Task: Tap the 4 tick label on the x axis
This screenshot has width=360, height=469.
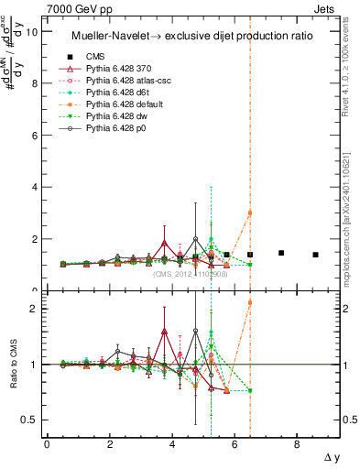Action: (x=172, y=445)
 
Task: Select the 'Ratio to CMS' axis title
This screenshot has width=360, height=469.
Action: (x=13, y=366)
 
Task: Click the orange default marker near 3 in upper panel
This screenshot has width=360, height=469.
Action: (x=250, y=213)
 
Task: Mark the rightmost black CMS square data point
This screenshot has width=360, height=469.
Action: (x=315, y=255)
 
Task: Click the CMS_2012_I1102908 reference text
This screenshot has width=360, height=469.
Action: (x=190, y=274)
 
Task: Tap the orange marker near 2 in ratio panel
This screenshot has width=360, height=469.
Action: (x=250, y=302)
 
